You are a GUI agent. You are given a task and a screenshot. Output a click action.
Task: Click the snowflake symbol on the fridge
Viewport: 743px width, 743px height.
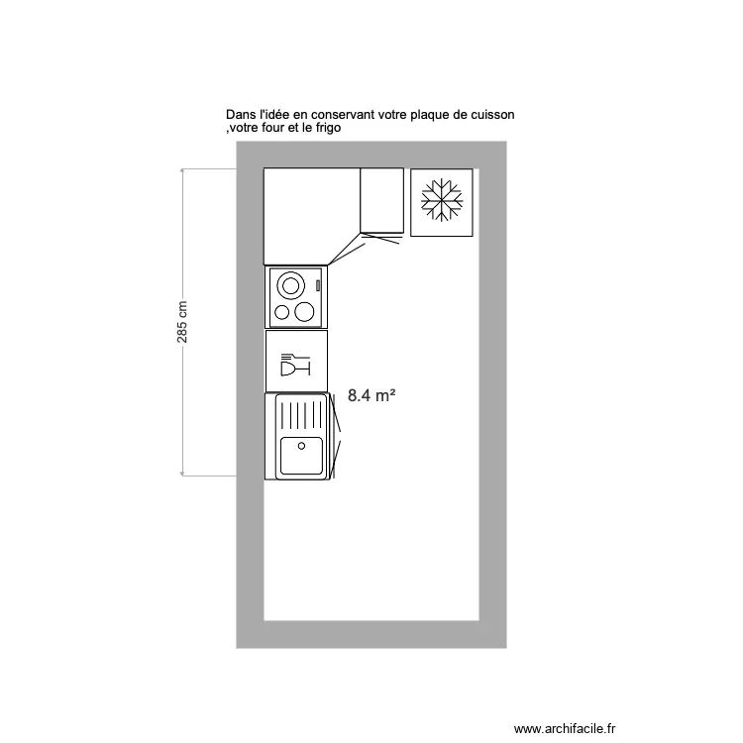click(x=442, y=200)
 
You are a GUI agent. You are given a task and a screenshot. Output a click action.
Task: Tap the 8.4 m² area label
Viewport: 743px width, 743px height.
click(x=371, y=395)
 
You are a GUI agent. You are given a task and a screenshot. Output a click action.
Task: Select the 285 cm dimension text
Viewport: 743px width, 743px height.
click(x=182, y=322)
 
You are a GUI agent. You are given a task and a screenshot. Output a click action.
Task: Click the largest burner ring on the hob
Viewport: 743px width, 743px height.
click(x=290, y=285)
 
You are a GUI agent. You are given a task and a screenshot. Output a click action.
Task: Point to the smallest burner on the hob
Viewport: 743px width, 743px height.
click(x=282, y=312)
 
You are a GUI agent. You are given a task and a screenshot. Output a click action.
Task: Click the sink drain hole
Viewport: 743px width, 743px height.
click(x=301, y=446)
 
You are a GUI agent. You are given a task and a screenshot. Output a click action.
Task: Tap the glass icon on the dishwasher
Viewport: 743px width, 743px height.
click(x=295, y=365)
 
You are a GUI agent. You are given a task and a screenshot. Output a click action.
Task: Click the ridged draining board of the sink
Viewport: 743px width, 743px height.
click(x=301, y=415)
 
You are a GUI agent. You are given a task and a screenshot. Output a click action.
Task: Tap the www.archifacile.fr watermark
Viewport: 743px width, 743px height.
click(x=565, y=729)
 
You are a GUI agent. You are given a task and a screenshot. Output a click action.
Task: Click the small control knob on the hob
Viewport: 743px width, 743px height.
click(x=318, y=285)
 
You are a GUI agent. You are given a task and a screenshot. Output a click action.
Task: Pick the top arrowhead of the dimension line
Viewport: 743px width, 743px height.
click(x=182, y=170)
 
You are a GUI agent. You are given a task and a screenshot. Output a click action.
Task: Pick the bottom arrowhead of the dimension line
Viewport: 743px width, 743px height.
click(x=182, y=473)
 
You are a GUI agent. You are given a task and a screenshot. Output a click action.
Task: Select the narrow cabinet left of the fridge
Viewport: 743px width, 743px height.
click(x=382, y=200)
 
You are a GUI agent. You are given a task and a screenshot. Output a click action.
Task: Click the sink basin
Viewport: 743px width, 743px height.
click(x=301, y=456)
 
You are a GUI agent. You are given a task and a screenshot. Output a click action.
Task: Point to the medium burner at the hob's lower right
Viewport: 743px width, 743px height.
click(x=304, y=312)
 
